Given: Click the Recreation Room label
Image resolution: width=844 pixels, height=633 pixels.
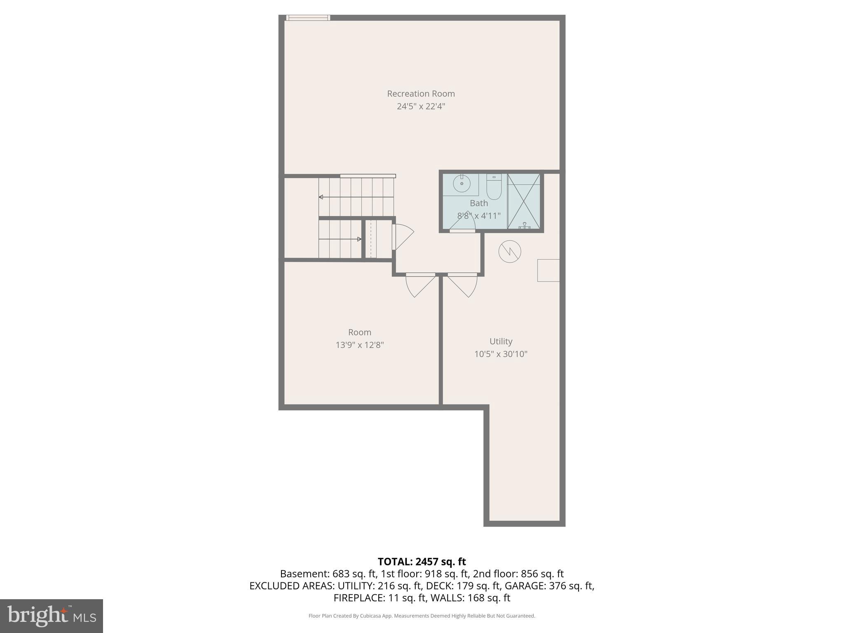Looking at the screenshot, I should (x=421, y=94).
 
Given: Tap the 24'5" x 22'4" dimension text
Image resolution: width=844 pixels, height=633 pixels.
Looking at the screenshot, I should (x=421, y=106).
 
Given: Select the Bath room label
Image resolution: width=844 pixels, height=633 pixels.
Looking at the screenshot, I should (x=478, y=203).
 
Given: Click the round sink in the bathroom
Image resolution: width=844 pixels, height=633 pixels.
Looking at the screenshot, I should (x=462, y=184).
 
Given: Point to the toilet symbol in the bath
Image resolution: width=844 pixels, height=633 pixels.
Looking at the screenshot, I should (x=494, y=188).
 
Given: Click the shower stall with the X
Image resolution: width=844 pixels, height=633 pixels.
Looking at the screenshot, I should (x=524, y=201).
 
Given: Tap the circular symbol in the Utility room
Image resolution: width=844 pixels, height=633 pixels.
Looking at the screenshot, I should (x=510, y=251).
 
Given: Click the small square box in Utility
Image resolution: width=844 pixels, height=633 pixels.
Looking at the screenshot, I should (x=548, y=270).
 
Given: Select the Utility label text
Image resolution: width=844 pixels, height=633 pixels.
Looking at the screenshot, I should (x=501, y=341).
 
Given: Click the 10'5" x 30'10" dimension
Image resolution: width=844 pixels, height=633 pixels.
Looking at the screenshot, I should (x=501, y=354).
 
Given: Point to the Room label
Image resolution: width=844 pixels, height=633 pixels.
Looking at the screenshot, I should (x=359, y=332).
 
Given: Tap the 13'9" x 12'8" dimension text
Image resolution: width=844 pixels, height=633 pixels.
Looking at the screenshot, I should (x=359, y=345).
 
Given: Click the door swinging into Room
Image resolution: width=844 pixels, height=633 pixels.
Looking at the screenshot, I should (x=420, y=285).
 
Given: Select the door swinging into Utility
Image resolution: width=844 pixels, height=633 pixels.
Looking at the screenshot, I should (x=462, y=285).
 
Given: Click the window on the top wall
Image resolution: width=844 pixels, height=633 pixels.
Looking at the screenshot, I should (x=308, y=18).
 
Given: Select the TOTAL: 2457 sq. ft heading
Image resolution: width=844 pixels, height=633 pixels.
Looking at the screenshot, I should (x=422, y=562).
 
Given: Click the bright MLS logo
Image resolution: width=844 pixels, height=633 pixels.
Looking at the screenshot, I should (x=52, y=616).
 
